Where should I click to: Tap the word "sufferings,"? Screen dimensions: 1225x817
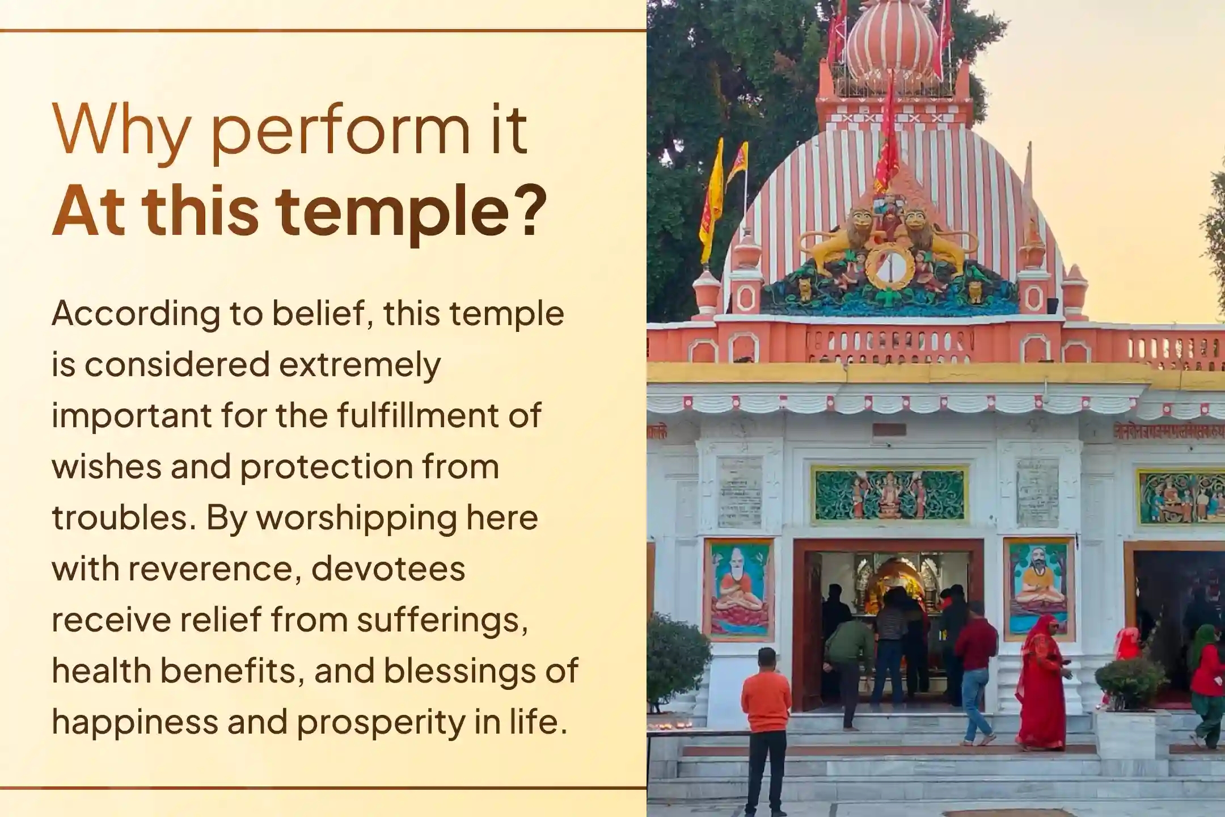(x=439, y=620)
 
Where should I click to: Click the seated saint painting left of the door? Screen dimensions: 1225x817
(x=739, y=587)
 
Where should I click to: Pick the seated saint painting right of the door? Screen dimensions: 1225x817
(x=1039, y=587)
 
